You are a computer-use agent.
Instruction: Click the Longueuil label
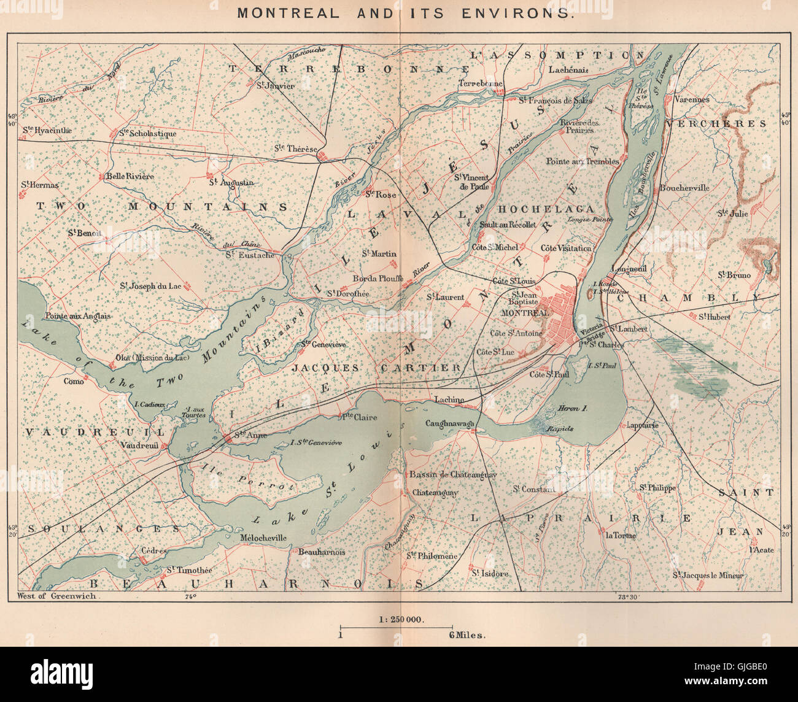click(627, 268)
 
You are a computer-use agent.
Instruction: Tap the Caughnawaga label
click(451, 423)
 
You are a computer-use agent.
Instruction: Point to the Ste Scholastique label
click(147, 133)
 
